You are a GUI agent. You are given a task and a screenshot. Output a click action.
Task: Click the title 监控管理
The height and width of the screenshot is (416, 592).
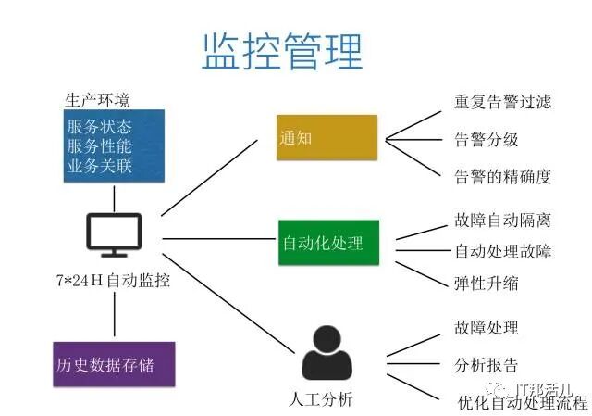pyautogui.click(x=282, y=52)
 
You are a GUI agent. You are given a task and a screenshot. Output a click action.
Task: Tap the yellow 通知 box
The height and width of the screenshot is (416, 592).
pyautogui.click(x=327, y=138)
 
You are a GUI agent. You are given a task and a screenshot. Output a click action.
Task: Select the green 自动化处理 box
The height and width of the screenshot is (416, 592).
pyautogui.click(x=329, y=243)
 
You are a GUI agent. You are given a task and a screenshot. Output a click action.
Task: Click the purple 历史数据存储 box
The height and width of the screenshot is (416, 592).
pyautogui.click(x=114, y=364)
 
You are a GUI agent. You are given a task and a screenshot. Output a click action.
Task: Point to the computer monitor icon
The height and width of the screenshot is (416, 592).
pyautogui.click(x=114, y=235)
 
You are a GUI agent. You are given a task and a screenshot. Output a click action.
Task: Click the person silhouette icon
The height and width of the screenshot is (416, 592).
pyautogui.click(x=327, y=353)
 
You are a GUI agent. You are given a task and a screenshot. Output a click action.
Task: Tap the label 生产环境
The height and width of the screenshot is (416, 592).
pyautogui.click(x=97, y=100)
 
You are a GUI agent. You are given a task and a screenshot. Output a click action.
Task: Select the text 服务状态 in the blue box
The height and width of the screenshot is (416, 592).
pyautogui.click(x=100, y=127)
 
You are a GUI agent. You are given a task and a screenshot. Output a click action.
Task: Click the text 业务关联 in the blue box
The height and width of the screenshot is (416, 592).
pyautogui.click(x=100, y=166)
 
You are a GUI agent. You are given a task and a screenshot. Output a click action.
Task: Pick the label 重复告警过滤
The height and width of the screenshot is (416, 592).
pyautogui.click(x=502, y=102)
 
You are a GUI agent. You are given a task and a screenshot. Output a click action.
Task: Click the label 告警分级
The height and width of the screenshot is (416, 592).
pyautogui.click(x=487, y=139)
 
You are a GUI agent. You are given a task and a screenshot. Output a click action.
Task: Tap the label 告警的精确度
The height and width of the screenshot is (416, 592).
pyautogui.click(x=502, y=177)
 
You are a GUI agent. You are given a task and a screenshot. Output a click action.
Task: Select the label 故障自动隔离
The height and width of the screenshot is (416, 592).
pyautogui.click(x=502, y=221)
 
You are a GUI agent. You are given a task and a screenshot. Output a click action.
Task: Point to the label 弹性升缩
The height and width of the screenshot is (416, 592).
pyautogui.click(x=487, y=284)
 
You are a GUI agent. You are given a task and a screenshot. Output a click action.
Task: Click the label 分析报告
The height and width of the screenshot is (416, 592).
pyautogui.click(x=487, y=365)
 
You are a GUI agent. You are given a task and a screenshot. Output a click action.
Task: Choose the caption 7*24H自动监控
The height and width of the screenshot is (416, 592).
pyautogui.click(x=113, y=281)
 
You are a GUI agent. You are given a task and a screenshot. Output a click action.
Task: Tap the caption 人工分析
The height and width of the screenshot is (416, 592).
pyautogui.click(x=321, y=399)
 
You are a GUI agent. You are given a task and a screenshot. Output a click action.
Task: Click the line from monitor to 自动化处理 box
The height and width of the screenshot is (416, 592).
pyautogui.click(x=219, y=239)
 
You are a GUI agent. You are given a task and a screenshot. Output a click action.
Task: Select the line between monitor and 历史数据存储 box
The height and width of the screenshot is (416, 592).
pyautogui.click(x=115, y=314)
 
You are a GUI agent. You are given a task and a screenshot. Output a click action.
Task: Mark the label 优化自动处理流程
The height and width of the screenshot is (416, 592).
pyautogui.click(x=523, y=402)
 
